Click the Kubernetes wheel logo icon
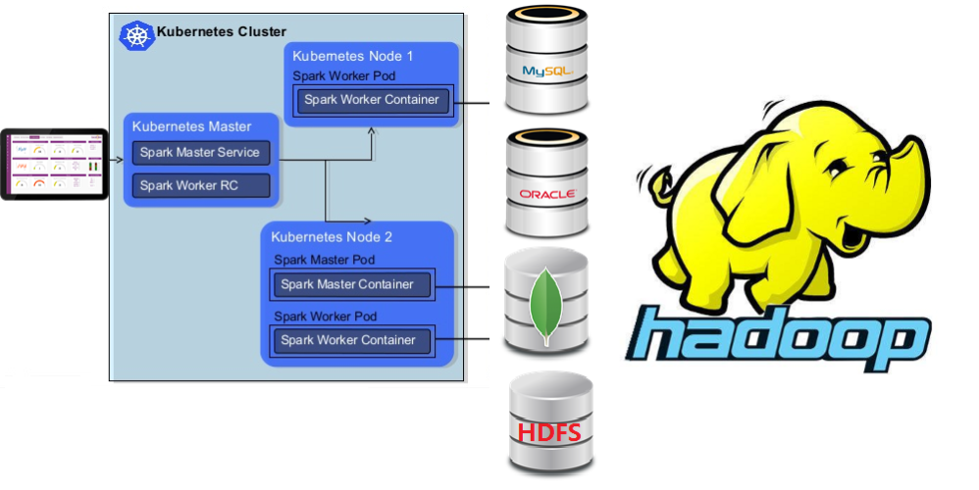[x=136, y=34]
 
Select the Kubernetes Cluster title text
[x=222, y=32]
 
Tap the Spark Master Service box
[x=200, y=153]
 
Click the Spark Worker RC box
[x=200, y=185]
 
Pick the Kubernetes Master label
[x=191, y=126]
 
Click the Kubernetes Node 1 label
[x=353, y=56]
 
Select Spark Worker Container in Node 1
[x=372, y=100]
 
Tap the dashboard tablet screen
[x=54, y=164]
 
